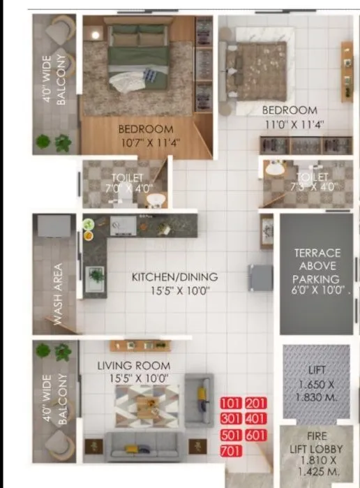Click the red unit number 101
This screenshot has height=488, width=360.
(230, 404)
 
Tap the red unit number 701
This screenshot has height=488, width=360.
(230, 450)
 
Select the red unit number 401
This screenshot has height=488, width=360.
(256, 419)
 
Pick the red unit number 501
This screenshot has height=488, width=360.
(230, 434)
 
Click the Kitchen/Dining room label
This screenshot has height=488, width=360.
(174, 277)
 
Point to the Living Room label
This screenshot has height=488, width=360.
(133, 365)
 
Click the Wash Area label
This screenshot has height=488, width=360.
(58, 293)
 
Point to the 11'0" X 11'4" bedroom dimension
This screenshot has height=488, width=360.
(294, 124)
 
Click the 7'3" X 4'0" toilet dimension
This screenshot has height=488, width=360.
(313, 186)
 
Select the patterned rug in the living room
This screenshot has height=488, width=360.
(147, 406)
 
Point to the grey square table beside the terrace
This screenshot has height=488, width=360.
(261, 277)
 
